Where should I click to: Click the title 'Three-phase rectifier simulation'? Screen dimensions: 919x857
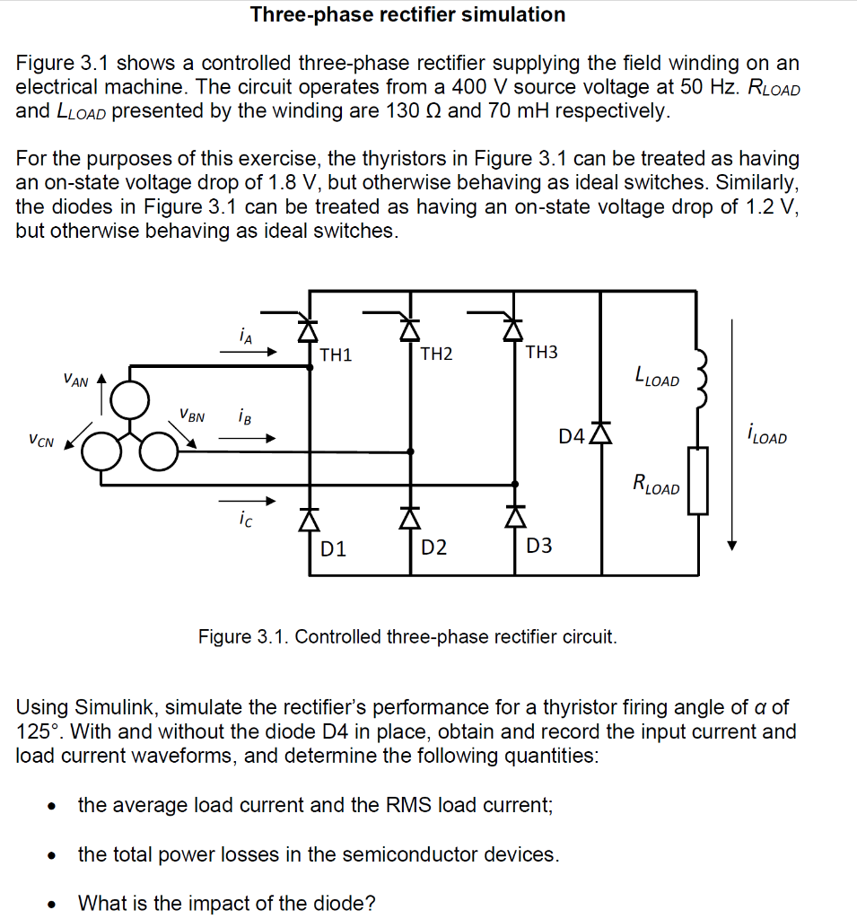407,14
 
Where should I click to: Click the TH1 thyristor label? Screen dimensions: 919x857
336,354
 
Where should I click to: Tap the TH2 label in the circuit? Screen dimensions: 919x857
436,354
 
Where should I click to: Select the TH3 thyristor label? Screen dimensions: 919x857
541,352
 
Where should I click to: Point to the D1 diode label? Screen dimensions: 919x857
334,547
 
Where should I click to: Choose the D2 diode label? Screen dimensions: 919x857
434,547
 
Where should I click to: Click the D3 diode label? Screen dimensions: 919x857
539,545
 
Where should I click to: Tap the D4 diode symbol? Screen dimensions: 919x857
601,433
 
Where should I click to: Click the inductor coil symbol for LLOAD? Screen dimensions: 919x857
700,376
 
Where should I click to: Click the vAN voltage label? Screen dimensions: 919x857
76,382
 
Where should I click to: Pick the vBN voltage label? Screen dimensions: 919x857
191,416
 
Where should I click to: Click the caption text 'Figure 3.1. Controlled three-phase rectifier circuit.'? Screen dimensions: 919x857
407,637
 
